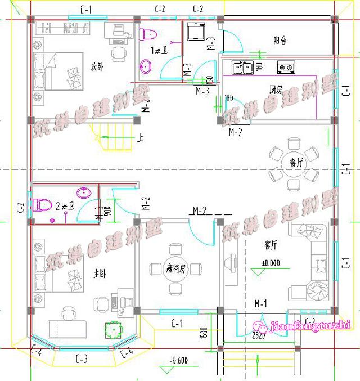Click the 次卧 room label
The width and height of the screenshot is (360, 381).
pyautogui.click(x=98, y=67)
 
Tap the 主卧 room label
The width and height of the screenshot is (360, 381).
pyautogui.click(x=101, y=274)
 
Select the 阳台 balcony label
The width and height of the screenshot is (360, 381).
pyautogui.click(x=280, y=41)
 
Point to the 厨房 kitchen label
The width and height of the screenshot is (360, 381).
pyautogui.click(x=275, y=89)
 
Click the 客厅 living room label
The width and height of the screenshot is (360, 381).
pyautogui.click(x=271, y=245)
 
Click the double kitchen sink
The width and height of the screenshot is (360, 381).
pyautogui.click(x=242, y=68)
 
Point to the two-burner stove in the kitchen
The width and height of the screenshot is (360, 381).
pyautogui.click(x=285, y=68)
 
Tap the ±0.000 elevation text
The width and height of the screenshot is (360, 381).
pyautogui.click(x=271, y=263)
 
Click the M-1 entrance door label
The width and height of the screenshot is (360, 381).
pyautogui.click(x=260, y=303)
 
